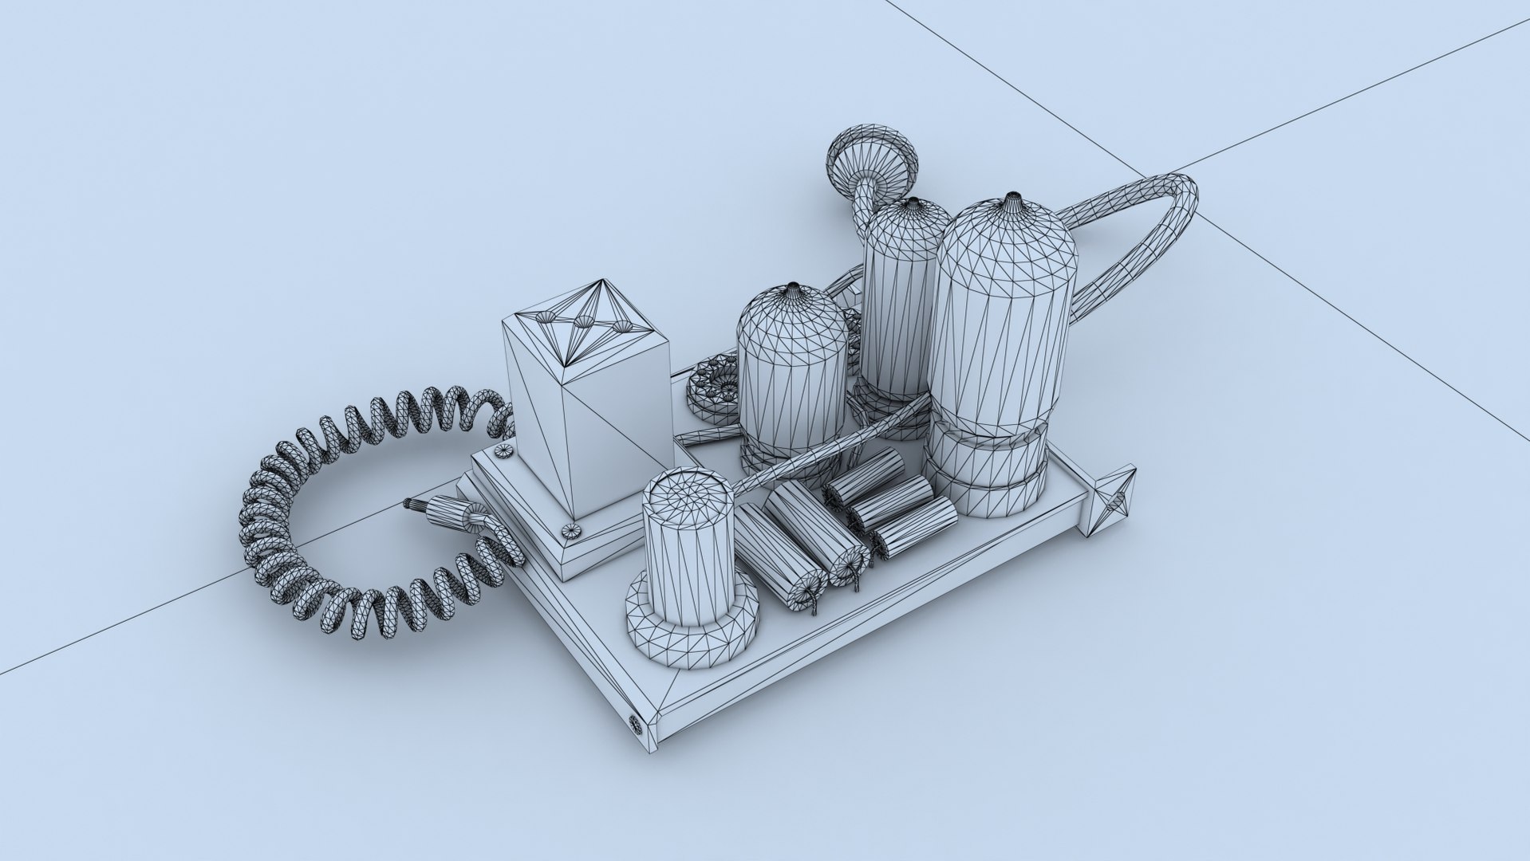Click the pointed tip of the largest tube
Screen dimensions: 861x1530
[1012, 196]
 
